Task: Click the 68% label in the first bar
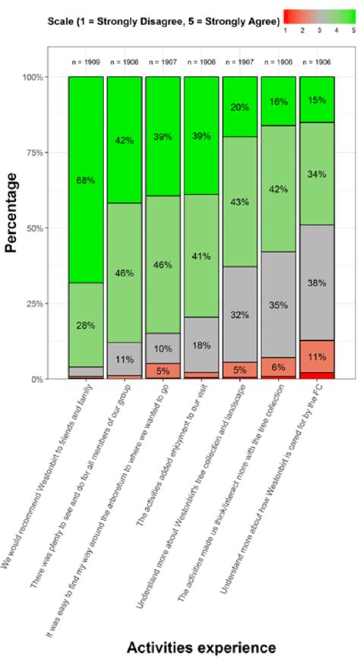click(85, 180)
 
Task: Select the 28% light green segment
click(85, 325)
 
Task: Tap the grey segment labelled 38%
click(317, 282)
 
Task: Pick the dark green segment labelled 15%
click(317, 99)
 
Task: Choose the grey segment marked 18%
click(201, 345)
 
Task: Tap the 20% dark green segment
click(240, 107)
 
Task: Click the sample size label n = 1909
click(85, 61)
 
